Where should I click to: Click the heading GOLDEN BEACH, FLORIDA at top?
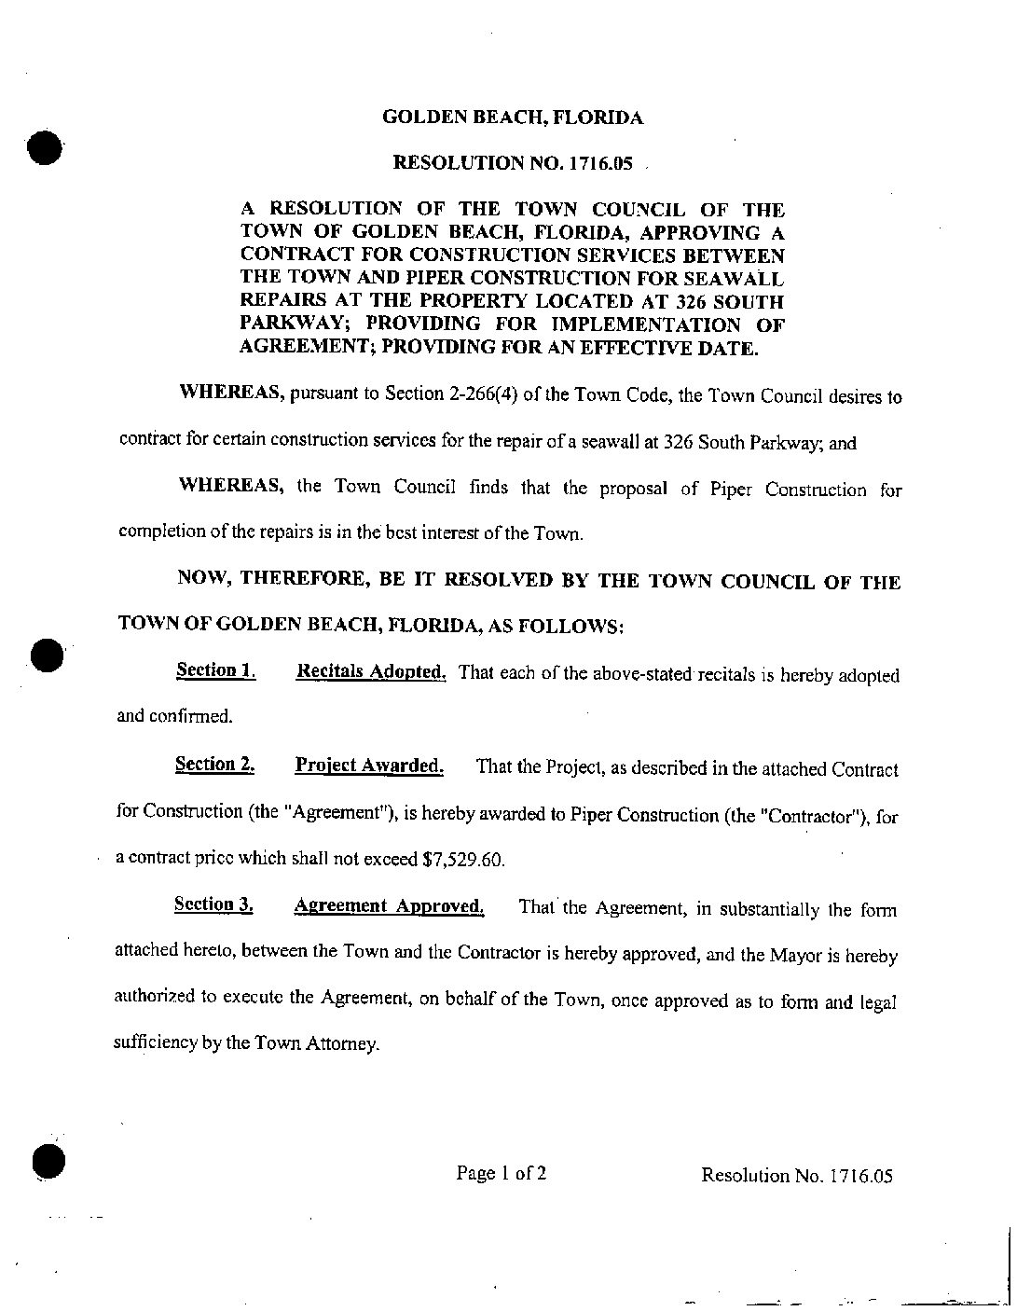pyautogui.click(x=513, y=117)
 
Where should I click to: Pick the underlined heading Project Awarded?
pyautogui.click(x=368, y=766)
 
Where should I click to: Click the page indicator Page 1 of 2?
pyautogui.click(x=501, y=1173)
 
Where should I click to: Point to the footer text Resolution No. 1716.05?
pyautogui.click(x=796, y=1175)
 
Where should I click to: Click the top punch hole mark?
pyautogui.click(x=43, y=147)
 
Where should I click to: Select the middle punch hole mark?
pyautogui.click(x=44, y=655)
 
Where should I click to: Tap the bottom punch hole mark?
pyautogui.click(x=45, y=1161)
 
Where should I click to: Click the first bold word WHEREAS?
pyautogui.click(x=230, y=393)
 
